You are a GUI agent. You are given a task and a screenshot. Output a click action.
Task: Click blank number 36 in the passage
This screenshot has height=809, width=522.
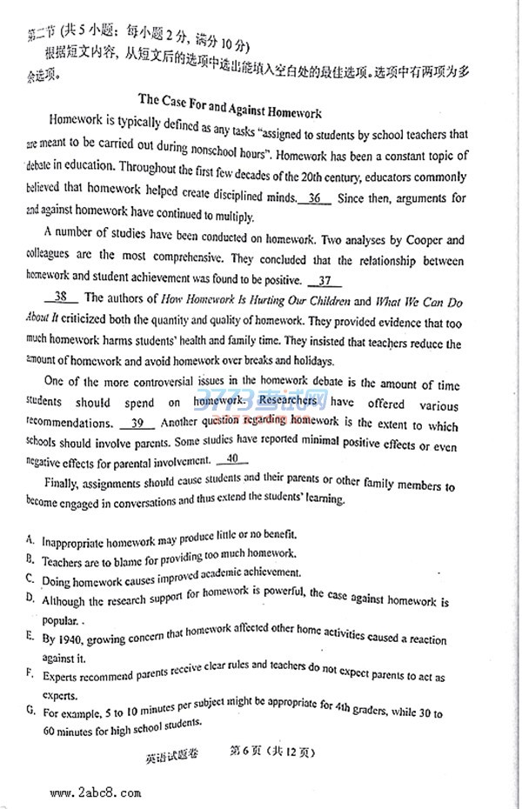[x=314, y=198]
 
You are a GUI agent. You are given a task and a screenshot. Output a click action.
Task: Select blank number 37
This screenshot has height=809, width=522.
[x=325, y=281]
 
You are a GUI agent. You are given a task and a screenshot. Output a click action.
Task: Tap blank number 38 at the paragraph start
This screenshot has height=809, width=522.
[x=61, y=298]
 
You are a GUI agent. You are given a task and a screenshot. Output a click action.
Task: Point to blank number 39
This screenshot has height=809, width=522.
[x=137, y=424]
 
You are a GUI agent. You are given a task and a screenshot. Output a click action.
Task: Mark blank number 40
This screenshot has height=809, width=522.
[x=231, y=460]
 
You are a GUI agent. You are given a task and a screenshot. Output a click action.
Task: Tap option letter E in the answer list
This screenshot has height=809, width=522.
[x=30, y=637]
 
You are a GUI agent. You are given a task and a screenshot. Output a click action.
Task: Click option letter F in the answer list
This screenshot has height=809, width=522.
[x=30, y=674]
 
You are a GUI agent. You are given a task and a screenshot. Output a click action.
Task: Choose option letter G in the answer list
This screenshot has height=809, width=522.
[x=30, y=711]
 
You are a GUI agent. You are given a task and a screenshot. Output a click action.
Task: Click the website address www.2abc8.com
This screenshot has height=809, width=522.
[x=96, y=792]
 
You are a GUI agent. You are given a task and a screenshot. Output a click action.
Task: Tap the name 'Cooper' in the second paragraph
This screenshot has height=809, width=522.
[x=426, y=240]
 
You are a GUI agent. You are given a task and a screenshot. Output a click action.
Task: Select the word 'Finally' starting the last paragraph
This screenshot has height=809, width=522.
[x=62, y=480]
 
